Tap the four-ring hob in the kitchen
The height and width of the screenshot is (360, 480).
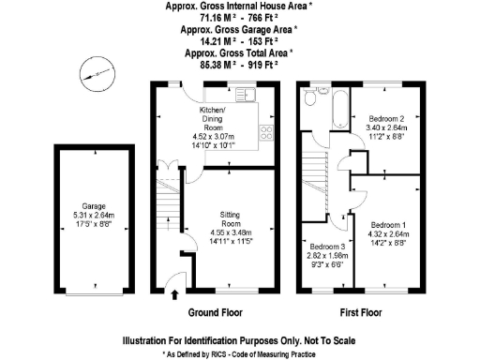[265, 132]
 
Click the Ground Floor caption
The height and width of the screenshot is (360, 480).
[217, 312]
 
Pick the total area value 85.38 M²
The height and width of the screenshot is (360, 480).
[212, 66]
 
